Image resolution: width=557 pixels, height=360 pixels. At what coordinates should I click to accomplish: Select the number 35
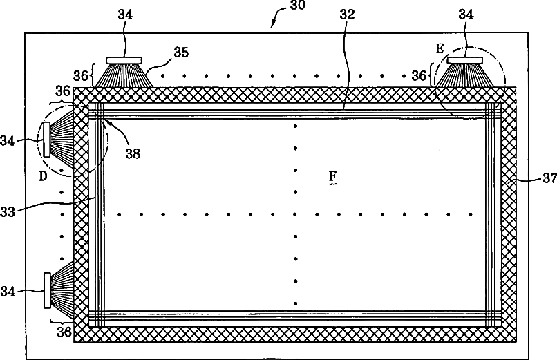click(180, 52)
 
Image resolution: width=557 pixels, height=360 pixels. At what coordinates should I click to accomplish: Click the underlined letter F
click(333, 178)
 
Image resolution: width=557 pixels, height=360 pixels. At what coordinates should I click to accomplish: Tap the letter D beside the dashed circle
click(43, 176)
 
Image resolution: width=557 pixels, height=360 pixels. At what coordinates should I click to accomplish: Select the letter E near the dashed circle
click(439, 49)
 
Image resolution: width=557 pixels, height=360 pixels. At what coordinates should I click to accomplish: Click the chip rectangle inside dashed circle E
click(464, 60)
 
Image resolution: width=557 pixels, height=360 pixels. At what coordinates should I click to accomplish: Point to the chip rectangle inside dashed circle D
click(46, 139)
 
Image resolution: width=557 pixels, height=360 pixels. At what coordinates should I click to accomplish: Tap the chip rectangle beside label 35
click(124, 60)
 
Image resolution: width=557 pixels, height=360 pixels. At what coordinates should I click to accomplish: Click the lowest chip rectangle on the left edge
click(46, 290)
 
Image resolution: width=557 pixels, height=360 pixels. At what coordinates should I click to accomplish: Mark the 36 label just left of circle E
click(418, 75)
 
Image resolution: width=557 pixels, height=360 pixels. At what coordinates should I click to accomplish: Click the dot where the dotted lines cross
click(296, 214)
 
